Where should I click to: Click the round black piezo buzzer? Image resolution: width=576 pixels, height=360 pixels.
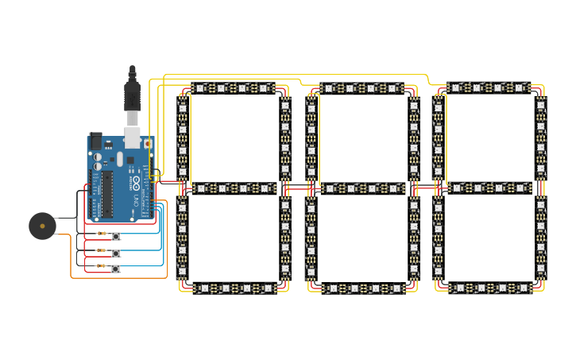point(42,226)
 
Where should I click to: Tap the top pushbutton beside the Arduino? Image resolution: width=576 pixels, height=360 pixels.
point(116,235)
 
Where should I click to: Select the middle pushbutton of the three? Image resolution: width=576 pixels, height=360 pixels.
point(116,253)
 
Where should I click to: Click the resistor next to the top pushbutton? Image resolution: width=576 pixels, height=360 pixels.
point(101,234)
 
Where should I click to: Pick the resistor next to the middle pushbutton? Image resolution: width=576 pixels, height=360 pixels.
point(101,251)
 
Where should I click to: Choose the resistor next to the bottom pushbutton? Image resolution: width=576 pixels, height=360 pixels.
point(101,267)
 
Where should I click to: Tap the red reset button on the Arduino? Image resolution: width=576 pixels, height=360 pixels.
point(148,144)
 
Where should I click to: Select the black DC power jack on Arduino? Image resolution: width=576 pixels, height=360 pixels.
point(96,141)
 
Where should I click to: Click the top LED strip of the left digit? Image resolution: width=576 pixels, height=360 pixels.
point(232,88)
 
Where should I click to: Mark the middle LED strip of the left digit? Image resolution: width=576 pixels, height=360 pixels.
point(234,188)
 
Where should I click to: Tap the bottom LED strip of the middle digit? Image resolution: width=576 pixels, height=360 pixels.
point(362,288)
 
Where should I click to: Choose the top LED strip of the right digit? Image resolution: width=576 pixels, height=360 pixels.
point(489,87)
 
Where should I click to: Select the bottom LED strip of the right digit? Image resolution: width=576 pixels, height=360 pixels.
point(489,288)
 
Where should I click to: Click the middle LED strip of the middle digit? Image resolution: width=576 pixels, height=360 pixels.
point(362,188)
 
